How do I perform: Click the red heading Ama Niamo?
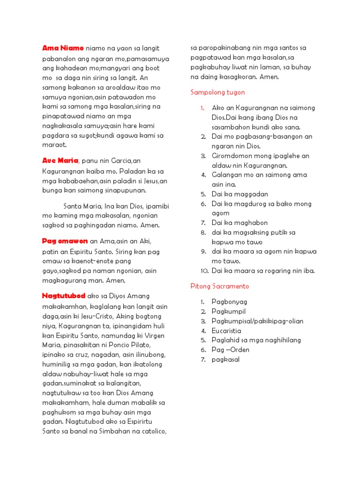(x=63, y=48)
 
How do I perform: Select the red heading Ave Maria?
(x=60, y=161)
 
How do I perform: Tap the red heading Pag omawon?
(x=65, y=241)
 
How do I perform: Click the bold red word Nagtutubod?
(x=64, y=296)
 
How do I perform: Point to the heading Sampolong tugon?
(x=217, y=92)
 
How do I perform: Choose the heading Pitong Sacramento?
(x=219, y=286)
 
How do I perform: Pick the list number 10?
(x=204, y=271)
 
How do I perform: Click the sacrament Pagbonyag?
(x=229, y=301)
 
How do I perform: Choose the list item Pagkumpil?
(x=228, y=311)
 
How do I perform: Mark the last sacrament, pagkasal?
(x=226, y=360)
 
